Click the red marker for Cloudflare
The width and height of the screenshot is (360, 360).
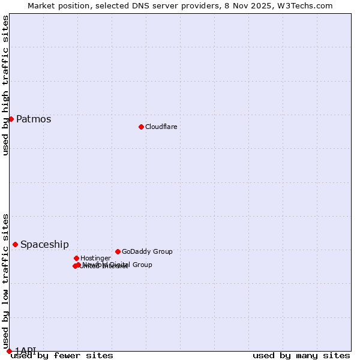click(x=141, y=127)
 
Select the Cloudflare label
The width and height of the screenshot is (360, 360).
click(x=161, y=127)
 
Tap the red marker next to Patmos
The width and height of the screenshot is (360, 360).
click(x=11, y=119)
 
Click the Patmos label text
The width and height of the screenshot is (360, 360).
click(x=34, y=119)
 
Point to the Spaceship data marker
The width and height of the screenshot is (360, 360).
click(x=15, y=244)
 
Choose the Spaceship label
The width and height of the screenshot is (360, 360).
click(x=44, y=244)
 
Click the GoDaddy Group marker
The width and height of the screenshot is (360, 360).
click(x=118, y=251)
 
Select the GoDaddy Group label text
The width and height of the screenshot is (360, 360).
click(x=147, y=251)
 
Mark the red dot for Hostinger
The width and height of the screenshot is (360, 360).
click(x=76, y=258)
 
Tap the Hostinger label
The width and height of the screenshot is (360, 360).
click(x=95, y=258)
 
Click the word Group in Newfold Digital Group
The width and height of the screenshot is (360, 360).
click(x=142, y=265)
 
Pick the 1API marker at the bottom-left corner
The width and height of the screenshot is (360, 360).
click(x=9, y=350)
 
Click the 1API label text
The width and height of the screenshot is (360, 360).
click(x=26, y=350)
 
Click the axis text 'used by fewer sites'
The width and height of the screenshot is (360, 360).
click(x=62, y=355)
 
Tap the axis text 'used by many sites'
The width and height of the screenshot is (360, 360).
click(x=301, y=355)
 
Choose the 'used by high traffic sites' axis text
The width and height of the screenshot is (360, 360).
click(x=5, y=85)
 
